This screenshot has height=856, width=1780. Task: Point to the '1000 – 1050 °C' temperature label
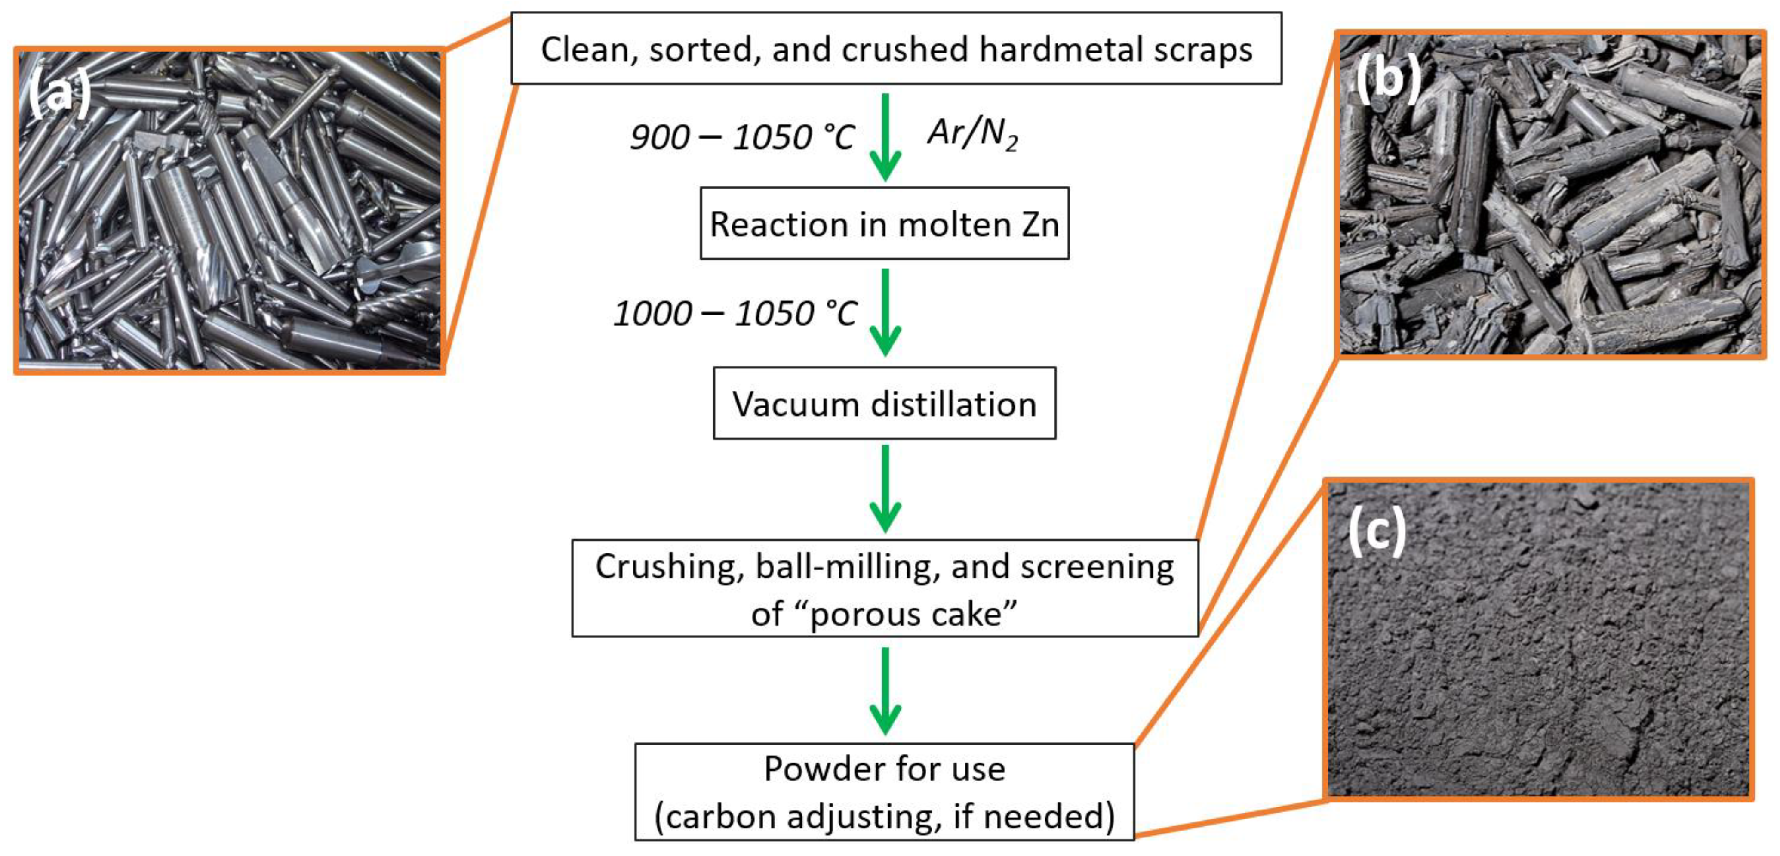coord(735,314)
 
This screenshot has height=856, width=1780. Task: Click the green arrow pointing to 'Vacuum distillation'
coord(885,312)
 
